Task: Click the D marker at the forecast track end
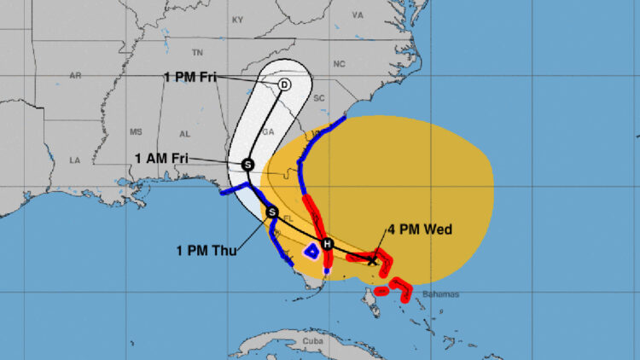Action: coord(284,84)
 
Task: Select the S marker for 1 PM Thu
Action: coord(272,212)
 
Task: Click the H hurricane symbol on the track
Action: coord(326,244)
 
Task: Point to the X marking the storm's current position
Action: coord(372,259)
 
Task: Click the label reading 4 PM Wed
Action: coord(420,229)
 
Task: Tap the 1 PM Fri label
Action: coord(190,78)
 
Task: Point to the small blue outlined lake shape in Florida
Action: coord(312,251)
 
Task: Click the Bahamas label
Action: coord(440,294)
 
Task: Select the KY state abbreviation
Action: coord(238,19)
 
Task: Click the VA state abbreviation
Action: coord(358,15)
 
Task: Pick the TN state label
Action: coord(197,52)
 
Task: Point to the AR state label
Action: coord(75,75)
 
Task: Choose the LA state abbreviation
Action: coord(74,160)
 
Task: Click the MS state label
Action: coord(136,132)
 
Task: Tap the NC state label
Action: coord(340,64)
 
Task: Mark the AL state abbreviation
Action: coord(184,134)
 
